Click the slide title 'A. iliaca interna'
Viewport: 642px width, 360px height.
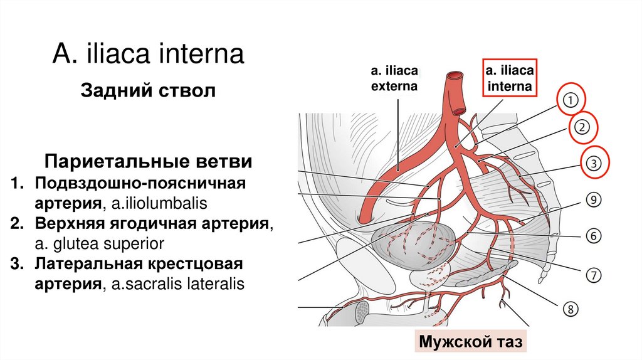click(148, 54)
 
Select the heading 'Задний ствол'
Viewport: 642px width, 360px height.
click(148, 91)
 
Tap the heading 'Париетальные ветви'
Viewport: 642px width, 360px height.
click(148, 162)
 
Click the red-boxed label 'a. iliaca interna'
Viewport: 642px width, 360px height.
click(508, 78)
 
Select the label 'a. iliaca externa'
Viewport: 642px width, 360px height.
click(394, 78)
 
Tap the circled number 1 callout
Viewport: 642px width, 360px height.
click(569, 100)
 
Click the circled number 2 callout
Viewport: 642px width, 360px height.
click(581, 128)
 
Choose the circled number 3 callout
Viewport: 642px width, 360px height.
click(593, 163)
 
